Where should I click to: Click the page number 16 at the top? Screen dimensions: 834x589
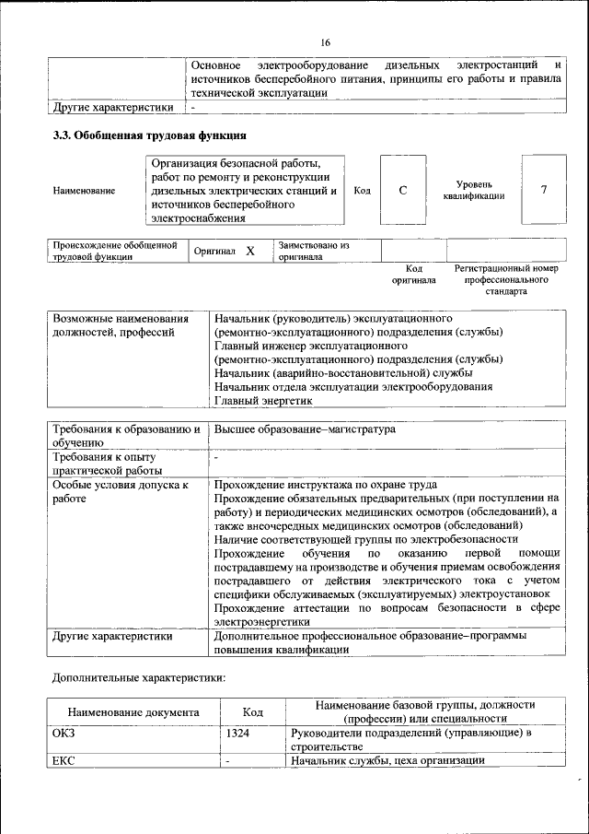click(x=325, y=43)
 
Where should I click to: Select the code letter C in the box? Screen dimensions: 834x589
click(x=402, y=190)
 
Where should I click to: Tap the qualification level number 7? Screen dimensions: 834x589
click(x=544, y=190)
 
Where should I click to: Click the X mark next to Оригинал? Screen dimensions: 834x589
click(x=249, y=251)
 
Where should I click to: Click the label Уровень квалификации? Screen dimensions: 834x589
click(x=473, y=190)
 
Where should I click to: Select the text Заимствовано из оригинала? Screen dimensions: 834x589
click(x=315, y=252)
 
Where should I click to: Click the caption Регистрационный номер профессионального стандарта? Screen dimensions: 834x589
click(x=506, y=279)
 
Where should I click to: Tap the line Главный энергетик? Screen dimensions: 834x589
click(x=264, y=401)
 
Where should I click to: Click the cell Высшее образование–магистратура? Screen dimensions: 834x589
click(x=305, y=429)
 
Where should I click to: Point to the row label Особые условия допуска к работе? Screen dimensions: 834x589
click(x=120, y=492)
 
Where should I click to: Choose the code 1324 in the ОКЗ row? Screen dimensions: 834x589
click(x=237, y=733)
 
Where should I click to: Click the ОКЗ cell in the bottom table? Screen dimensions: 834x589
click(x=65, y=733)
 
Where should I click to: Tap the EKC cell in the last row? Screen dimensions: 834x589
click(x=65, y=760)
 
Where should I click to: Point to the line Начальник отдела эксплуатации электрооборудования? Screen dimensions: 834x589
click(x=352, y=387)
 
